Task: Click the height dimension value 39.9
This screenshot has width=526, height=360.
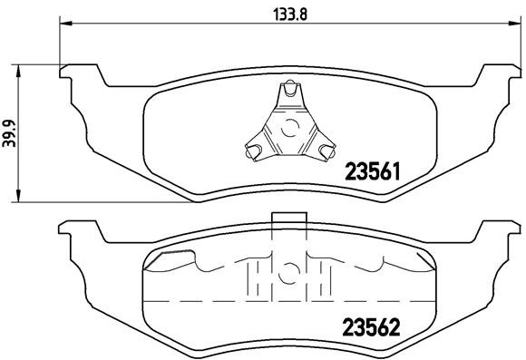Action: click(x=10, y=132)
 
